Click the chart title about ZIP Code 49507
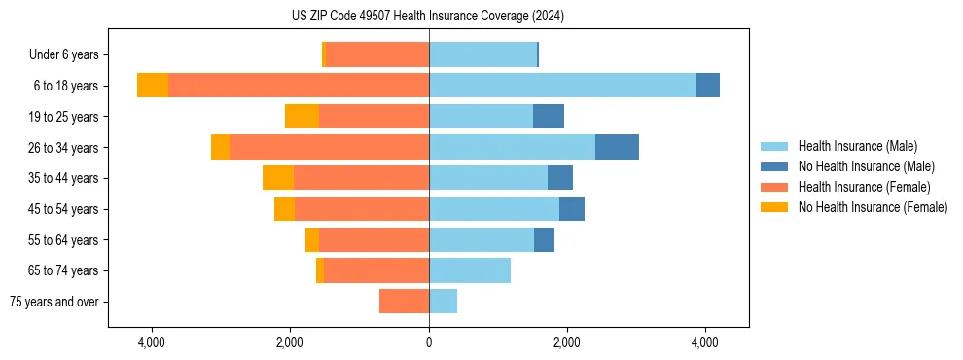(428, 17)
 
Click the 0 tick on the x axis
(429, 342)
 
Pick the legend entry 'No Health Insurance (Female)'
(873, 207)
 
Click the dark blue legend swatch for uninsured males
(775, 167)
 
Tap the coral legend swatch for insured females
(775, 187)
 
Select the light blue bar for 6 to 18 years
(562, 86)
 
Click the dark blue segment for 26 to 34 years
(617, 147)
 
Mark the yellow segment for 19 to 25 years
(302, 117)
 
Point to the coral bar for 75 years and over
(404, 302)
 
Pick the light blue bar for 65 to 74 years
(470, 270)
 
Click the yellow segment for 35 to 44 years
(278, 178)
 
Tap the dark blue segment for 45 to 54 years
(572, 209)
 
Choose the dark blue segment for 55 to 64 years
(544, 239)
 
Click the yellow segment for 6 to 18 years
(153, 86)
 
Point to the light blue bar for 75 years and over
(443, 302)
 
